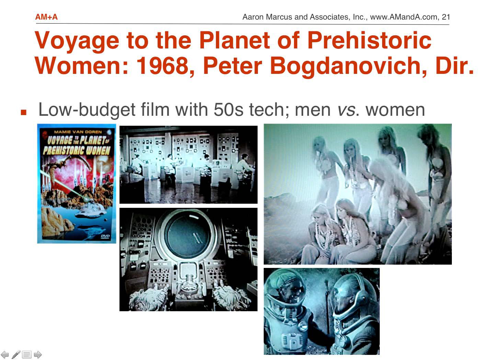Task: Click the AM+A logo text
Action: [46, 17]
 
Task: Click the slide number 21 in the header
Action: [446, 17]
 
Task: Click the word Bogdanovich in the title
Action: [348, 66]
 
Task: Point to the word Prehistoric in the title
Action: [369, 40]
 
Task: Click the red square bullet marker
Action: [24, 112]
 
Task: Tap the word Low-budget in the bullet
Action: [87, 110]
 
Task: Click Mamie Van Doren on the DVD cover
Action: [78, 132]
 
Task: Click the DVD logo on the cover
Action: [105, 237]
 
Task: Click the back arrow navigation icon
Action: [5, 355]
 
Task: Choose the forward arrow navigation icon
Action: [38, 355]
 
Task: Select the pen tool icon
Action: [16, 355]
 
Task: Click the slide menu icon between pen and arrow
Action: [27, 355]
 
